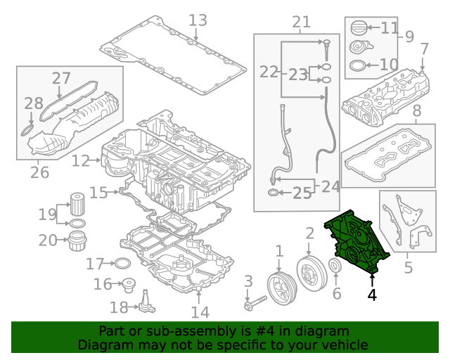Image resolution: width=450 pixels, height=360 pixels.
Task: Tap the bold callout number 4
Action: pos(372,296)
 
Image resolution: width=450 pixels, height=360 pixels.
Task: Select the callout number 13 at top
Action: pos(198,20)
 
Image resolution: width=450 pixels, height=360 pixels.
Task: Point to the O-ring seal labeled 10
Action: pos(357,67)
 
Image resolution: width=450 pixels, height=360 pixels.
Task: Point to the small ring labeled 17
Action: pos(121,264)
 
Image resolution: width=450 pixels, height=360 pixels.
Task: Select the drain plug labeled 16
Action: pos(128,286)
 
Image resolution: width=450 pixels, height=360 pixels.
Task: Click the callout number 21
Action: pos(301,22)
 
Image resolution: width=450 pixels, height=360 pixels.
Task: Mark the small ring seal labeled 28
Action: pos(26,130)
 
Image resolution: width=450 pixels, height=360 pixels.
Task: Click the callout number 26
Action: pos(39,171)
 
